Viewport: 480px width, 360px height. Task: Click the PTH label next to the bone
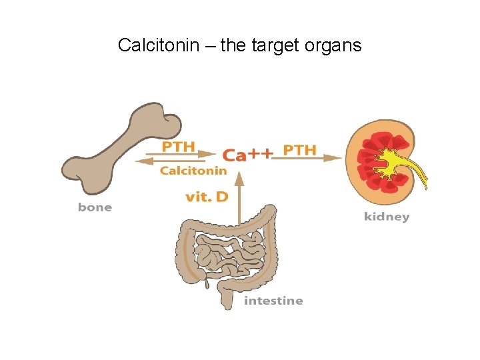179,146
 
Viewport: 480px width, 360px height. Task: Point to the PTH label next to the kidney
299,149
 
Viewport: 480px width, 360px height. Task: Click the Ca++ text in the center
247,155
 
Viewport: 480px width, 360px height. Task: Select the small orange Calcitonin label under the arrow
193,171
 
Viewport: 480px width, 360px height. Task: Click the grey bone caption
95,207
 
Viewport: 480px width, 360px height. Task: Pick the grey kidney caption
387,217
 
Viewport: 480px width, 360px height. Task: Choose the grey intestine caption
273,301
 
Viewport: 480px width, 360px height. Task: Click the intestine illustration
227,253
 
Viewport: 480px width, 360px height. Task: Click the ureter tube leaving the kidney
421,176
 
